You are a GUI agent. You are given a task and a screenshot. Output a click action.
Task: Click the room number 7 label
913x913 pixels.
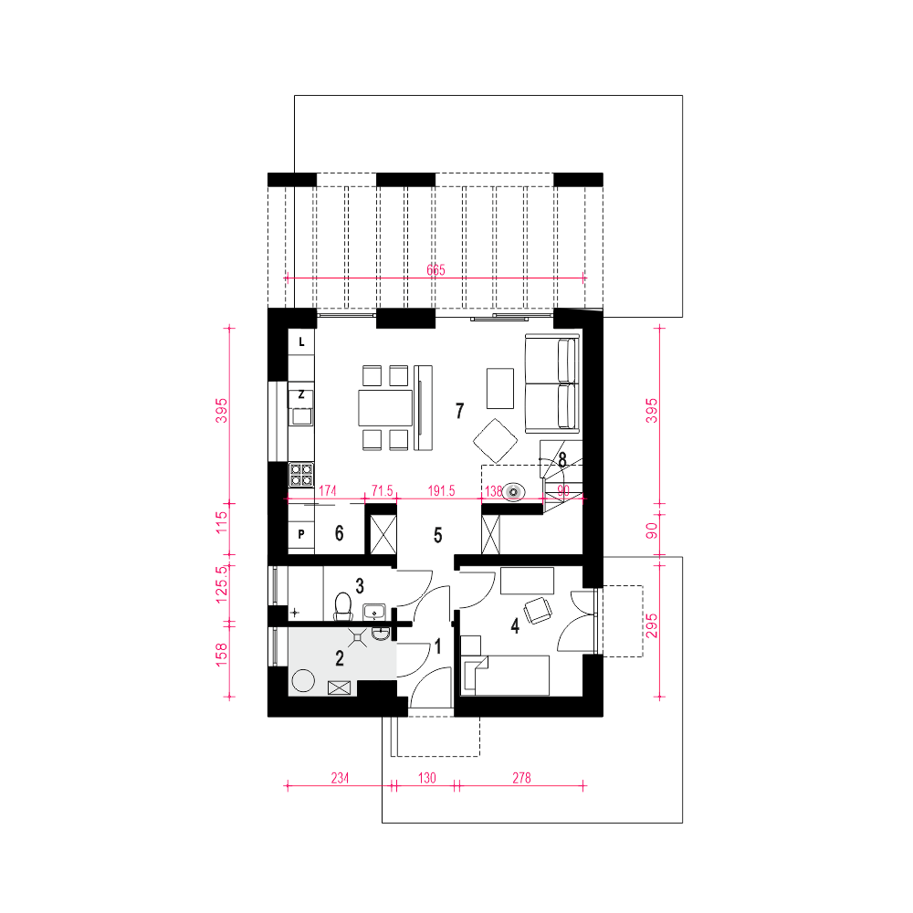(x=460, y=411)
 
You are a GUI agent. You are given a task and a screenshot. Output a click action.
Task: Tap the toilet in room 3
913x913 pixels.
(x=343, y=606)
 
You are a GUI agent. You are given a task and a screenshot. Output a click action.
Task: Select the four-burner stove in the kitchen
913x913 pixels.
(x=301, y=475)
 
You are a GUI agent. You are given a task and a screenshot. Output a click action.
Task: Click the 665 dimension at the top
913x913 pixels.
(x=436, y=269)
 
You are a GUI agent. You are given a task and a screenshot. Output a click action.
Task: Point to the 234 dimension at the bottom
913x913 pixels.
(x=340, y=778)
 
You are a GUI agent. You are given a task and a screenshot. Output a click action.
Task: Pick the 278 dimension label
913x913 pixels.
(x=521, y=778)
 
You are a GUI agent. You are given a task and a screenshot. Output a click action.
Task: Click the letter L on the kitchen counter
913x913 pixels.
(x=301, y=341)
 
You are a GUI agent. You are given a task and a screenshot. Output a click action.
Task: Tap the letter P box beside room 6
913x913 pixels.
(x=301, y=534)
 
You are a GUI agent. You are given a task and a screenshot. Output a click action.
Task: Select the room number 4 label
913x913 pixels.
(x=515, y=626)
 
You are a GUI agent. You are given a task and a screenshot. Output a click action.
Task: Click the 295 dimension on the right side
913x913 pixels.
(x=652, y=626)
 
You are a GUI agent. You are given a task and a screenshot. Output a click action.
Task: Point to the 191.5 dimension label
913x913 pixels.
(x=441, y=491)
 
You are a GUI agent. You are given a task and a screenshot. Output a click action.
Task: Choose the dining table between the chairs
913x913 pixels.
(x=385, y=408)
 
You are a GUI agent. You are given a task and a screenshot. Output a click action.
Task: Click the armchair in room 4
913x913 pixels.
(x=538, y=610)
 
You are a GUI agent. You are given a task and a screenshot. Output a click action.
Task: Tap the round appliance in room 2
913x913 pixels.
(x=303, y=680)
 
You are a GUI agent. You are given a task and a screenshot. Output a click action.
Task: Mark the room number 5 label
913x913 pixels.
(x=438, y=535)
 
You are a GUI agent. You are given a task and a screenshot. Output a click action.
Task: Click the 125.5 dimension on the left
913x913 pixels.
(x=222, y=584)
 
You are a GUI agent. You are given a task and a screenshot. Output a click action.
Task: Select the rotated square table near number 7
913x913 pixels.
(x=496, y=441)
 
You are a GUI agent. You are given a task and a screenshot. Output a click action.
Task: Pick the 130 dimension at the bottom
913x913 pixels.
(x=426, y=778)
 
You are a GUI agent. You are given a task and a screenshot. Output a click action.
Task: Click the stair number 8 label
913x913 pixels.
(x=562, y=460)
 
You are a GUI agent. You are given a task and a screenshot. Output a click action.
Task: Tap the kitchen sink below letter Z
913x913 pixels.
(x=301, y=416)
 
